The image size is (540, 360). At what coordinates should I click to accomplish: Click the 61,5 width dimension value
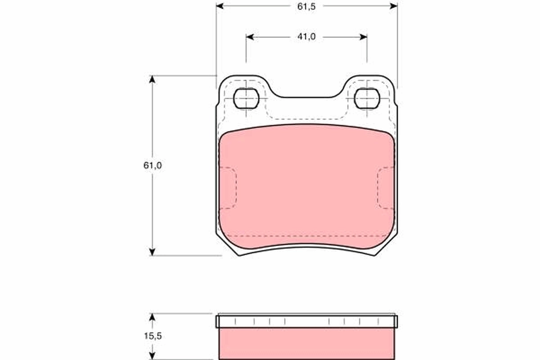tap(306, 6)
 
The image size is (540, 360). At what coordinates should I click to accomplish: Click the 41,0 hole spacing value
tap(306, 37)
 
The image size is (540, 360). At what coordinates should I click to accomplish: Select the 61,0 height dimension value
tap(153, 165)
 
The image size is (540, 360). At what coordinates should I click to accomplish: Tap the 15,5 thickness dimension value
tap(153, 336)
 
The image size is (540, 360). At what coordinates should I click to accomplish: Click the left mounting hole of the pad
tap(247, 98)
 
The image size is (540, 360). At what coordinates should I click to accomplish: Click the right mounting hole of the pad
tap(367, 98)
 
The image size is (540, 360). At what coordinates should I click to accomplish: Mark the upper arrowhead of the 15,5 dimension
tap(153, 317)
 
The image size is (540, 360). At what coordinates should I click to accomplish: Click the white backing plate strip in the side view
tap(306, 321)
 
